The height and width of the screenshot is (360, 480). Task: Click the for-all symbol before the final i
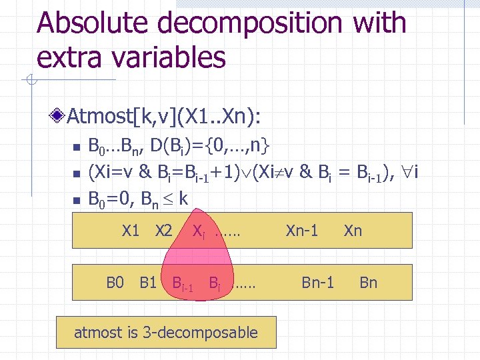(x=404, y=173)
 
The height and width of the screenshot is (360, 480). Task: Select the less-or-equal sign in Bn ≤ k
(x=166, y=199)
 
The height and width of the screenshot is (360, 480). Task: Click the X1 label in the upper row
(x=131, y=231)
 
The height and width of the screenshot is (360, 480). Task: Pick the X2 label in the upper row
(x=163, y=231)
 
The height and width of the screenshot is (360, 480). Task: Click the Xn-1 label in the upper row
(x=302, y=231)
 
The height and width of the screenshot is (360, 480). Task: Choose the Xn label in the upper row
(x=353, y=231)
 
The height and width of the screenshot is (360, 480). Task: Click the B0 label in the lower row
(x=115, y=283)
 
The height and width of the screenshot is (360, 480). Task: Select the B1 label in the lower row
(x=148, y=283)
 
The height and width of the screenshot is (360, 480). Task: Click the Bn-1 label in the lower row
(x=317, y=283)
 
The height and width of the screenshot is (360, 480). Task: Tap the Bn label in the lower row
(x=368, y=283)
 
